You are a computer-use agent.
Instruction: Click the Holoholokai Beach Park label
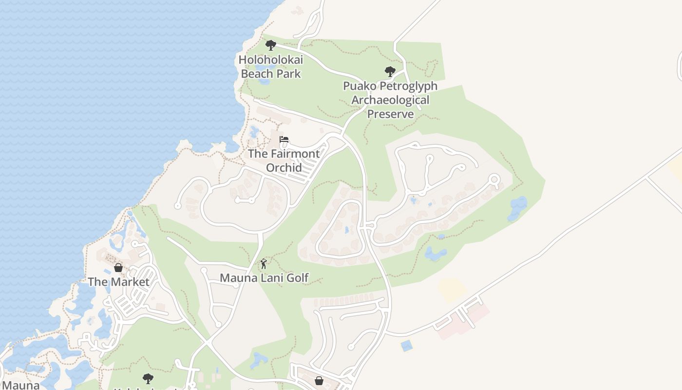point(271,67)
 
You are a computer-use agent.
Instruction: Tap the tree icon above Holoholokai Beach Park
point(271,45)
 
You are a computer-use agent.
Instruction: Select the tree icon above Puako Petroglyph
point(390,72)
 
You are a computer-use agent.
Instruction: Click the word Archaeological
point(390,100)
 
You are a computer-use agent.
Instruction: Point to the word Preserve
point(390,114)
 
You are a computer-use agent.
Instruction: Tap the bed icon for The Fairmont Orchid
point(284,140)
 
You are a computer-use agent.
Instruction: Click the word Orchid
point(284,167)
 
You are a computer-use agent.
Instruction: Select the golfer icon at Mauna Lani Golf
point(264,264)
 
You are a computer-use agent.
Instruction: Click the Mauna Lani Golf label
point(264,278)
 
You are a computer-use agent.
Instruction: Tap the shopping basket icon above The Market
point(118,268)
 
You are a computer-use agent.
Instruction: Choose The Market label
point(118,282)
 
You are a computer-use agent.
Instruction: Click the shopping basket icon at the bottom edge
point(319,381)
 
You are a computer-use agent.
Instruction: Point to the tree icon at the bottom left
point(148,378)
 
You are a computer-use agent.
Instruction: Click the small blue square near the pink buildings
point(406,346)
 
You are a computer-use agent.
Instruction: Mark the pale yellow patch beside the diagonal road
point(453,291)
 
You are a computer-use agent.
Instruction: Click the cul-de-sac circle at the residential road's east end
point(494,179)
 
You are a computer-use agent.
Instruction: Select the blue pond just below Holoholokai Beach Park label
point(265,81)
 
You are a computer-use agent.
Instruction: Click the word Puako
point(361,86)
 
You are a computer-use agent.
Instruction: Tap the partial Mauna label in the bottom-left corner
point(20,385)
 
